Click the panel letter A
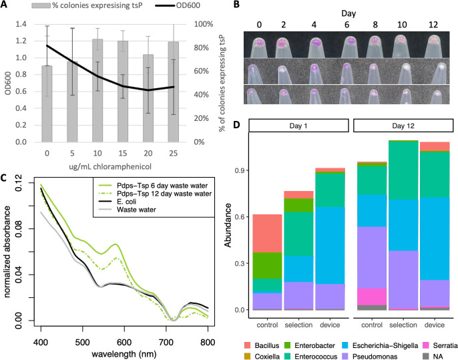pyautogui.click(x=4, y=5)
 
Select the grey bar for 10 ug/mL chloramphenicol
pyautogui.click(x=97, y=91)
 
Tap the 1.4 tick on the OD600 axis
pyautogui.click(x=21, y=24)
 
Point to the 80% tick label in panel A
pyautogui.click(x=201, y=48)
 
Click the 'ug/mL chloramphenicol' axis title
pyautogui.click(x=110, y=166)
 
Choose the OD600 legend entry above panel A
pyautogui.click(x=178, y=5)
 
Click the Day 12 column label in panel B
pyautogui.click(x=433, y=25)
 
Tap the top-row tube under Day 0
pyautogui.click(x=258, y=47)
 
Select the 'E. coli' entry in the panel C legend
pyautogui.click(x=127, y=202)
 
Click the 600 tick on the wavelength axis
pyautogui.click(x=124, y=341)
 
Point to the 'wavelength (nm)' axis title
pyautogui.click(x=124, y=354)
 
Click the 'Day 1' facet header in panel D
pyautogui.click(x=298, y=126)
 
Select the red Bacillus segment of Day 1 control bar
pyautogui.click(x=267, y=234)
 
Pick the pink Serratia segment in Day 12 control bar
pyautogui.click(x=372, y=297)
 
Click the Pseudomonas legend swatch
pyautogui.click(x=346, y=356)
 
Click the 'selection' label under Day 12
pyautogui.click(x=403, y=325)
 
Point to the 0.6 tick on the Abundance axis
pyautogui.click(x=240, y=217)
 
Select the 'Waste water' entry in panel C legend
pyautogui.click(x=136, y=210)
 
